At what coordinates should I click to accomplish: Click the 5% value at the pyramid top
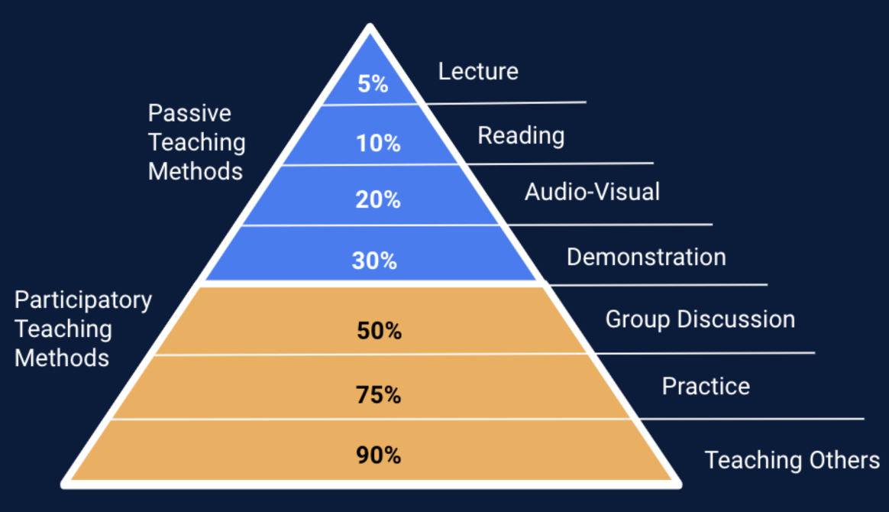373,83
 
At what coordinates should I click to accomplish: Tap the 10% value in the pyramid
378,142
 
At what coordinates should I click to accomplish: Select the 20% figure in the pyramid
378,199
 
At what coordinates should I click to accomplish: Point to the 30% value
374,261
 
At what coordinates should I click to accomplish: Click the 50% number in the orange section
379,331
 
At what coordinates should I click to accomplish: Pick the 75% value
378,395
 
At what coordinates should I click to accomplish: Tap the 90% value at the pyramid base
378,455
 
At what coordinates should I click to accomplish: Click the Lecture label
478,72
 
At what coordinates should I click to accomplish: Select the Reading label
521,136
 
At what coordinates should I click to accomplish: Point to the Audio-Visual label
592,191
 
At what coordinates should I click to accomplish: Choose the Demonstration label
646,257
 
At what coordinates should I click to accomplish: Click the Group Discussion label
700,319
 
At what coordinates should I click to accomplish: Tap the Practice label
706,386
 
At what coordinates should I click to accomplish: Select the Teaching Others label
792,460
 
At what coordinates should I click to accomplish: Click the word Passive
189,113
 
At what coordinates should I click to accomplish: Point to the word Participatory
83,300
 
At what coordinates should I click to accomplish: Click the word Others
844,460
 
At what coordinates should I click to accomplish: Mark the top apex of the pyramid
370,28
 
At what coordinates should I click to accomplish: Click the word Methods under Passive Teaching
195,171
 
